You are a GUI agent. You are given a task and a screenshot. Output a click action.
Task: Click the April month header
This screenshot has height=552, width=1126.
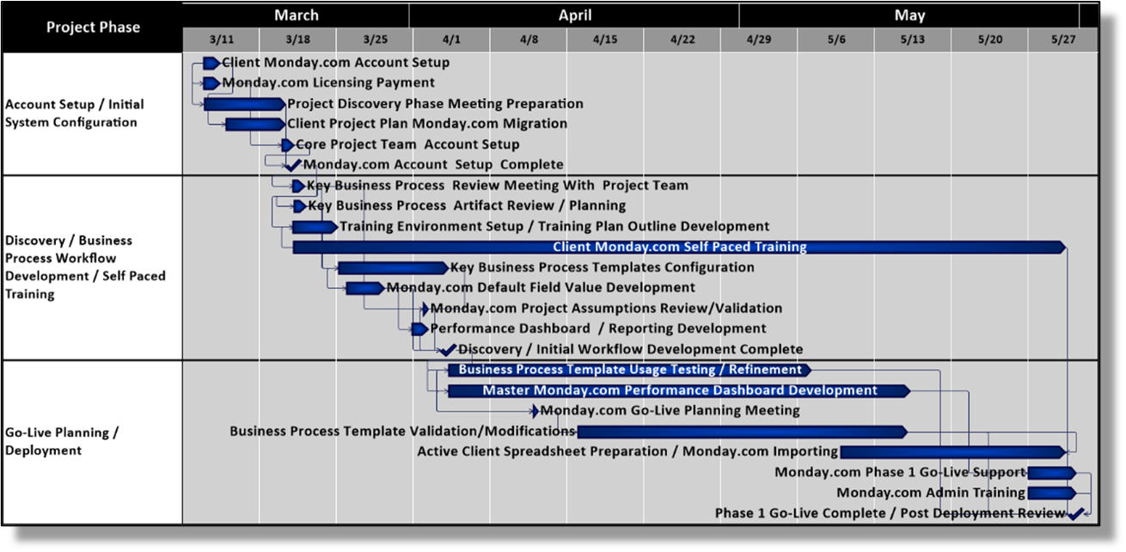pos(574,15)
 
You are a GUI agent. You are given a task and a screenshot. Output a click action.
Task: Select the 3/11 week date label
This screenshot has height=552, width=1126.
pos(221,40)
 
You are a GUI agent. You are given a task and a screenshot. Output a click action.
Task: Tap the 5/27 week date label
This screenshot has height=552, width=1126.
pos(1063,40)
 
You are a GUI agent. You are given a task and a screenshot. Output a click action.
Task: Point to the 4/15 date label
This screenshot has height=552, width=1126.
pos(604,40)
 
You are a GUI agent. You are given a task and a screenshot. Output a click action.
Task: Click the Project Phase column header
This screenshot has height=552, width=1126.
pos(93,27)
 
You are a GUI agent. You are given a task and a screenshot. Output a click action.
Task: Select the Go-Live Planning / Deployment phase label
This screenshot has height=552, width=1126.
pos(62,441)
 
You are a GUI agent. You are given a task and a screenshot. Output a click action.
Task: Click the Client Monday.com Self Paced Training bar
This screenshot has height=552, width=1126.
pos(679,248)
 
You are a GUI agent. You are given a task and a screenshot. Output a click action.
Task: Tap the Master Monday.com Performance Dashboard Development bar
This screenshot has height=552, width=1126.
pos(678,391)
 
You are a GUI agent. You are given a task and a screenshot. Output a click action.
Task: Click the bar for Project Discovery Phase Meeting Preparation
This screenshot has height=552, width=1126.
pos(244,104)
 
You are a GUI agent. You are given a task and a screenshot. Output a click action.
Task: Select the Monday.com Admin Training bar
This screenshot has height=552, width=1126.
pos(1051,494)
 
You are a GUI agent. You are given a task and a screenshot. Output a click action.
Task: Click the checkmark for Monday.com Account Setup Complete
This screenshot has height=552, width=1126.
pos(293,164)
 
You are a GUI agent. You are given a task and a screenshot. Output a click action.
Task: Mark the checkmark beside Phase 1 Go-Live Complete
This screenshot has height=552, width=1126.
pos(1075,513)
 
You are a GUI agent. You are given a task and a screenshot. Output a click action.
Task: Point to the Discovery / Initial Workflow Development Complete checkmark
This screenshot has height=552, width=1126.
pos(448,349)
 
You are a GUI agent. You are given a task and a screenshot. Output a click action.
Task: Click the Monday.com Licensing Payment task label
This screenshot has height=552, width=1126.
pos(328,83)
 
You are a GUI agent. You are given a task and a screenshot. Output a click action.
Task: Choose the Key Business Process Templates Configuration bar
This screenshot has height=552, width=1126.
pos(392,268)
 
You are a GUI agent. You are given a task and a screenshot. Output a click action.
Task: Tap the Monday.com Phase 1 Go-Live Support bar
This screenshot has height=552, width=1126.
pos(1051,473)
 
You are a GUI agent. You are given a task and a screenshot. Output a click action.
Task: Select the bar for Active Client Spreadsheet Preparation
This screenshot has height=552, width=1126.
pos(952,452)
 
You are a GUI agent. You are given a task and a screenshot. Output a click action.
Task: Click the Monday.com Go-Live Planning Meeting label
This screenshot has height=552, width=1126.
pos(670,411)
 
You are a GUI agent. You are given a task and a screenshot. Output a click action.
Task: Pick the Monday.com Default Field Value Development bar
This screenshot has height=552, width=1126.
pos(365,288)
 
